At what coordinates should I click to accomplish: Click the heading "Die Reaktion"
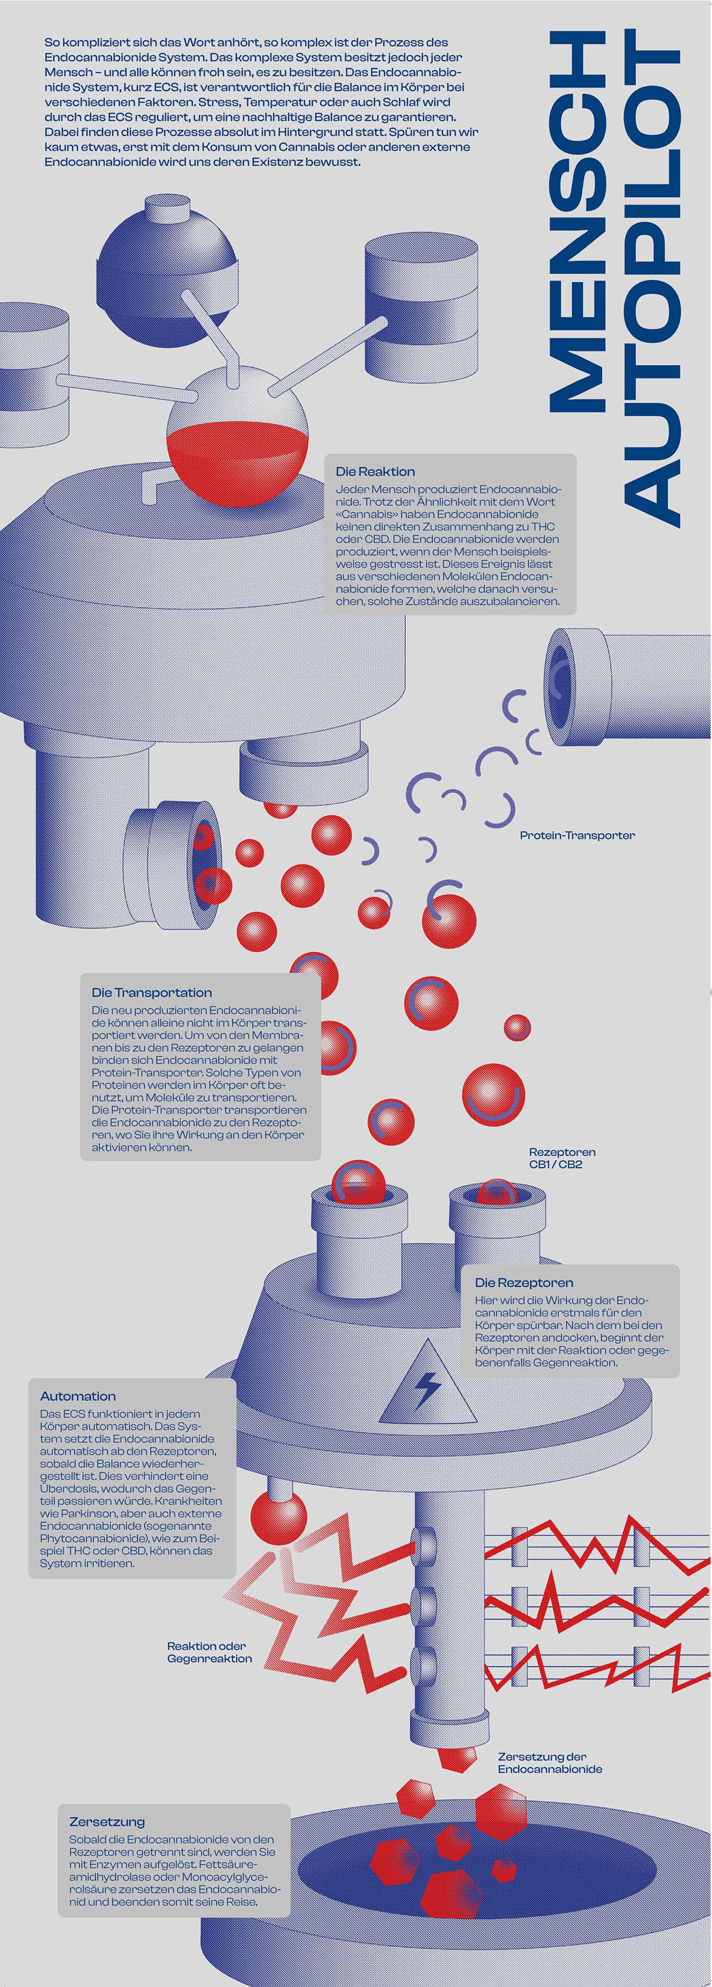[x=375, y=472]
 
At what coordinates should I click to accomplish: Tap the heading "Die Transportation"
[x=152, y=993]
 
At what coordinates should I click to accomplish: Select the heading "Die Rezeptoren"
[x=524, y=1283]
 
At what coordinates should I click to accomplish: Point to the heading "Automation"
[x=78, y=1396]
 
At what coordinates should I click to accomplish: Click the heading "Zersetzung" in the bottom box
[x=107, y=1822]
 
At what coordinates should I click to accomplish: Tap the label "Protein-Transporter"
[x=577, y=835]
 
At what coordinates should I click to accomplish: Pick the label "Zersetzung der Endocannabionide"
[x=549, y=1763]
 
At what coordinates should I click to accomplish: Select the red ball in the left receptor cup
[x=358, y=1182]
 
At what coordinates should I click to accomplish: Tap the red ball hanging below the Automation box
[x=279, y=1519]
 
